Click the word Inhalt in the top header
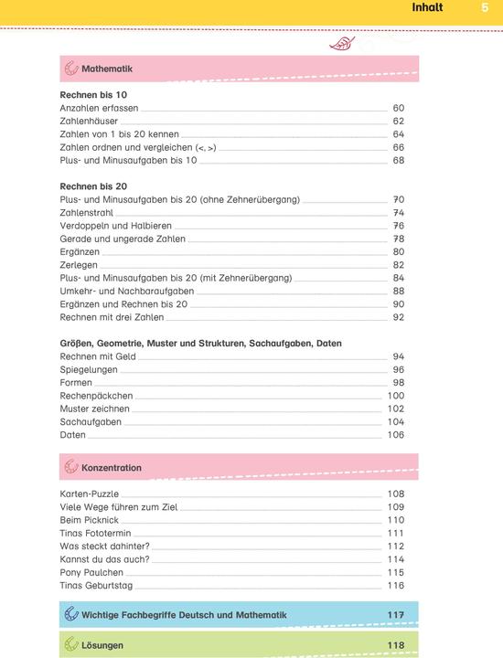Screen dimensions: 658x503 click(428, 8)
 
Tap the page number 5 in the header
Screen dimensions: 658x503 click(485, 8)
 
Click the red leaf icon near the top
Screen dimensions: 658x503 click(342, 42)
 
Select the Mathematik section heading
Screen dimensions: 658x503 click(107, 69)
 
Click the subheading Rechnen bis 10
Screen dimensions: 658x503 click(93, 95)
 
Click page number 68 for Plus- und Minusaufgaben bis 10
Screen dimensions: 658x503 click(398, 160)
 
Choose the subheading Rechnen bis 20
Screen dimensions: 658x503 click(93, 186)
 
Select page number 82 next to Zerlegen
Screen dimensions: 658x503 click(398, 265)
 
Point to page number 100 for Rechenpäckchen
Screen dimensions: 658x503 click(395, 396)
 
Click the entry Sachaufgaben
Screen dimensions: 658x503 click(91, 422)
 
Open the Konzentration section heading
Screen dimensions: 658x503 click(111, 468)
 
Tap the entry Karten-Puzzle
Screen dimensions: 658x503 click(90, 493)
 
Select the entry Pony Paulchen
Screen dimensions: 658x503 click(91, 572)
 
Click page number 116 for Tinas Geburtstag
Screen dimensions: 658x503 click(395, 585)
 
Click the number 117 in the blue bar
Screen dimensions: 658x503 click(395, 615)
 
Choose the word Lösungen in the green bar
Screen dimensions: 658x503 click(102, 645)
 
